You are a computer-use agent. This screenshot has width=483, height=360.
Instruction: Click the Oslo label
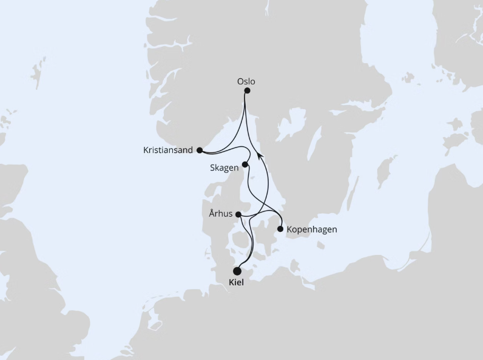coord(247,81)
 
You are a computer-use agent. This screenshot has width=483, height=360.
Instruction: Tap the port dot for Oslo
coord(247,91)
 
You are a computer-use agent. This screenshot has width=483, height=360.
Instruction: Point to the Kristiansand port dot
coord(200,150)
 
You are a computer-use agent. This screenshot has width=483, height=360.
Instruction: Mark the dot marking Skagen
coord(245,165)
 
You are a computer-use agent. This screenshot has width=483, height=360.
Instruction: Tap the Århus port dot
coord(238,214)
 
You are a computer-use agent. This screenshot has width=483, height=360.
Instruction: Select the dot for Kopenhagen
coord(280,229)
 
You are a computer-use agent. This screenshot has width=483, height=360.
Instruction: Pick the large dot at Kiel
coord(237,271)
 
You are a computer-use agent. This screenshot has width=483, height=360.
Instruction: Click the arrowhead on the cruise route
coord(260,156)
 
